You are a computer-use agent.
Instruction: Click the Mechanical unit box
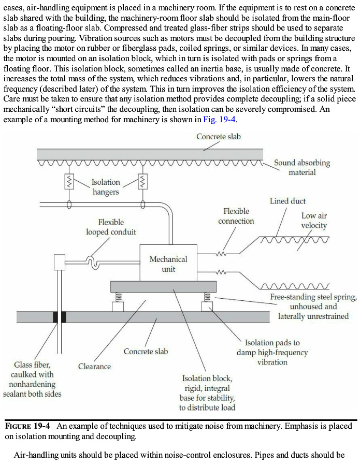click(169, 264)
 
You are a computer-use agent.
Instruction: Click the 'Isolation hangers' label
click(105, 187)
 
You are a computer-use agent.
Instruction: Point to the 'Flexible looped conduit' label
click(111, 227)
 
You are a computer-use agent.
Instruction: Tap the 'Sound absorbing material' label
click(301, 167)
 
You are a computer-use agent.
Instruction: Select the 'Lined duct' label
click(287, 201)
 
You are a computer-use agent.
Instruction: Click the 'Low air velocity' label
click(314, 221)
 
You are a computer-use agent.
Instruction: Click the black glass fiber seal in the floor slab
click(59, 316)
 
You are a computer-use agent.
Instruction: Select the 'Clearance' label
click(94, 367)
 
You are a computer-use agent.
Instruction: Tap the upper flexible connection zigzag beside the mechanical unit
click(222, 254)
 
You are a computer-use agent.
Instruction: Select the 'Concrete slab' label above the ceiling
click(218, 137)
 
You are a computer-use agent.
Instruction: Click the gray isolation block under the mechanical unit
click(163, 287)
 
